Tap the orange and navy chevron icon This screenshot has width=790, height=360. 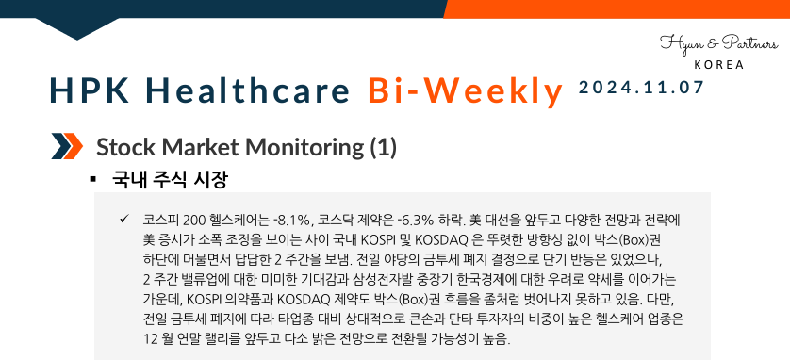pos(67,147)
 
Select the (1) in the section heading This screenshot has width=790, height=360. pos(384,147)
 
